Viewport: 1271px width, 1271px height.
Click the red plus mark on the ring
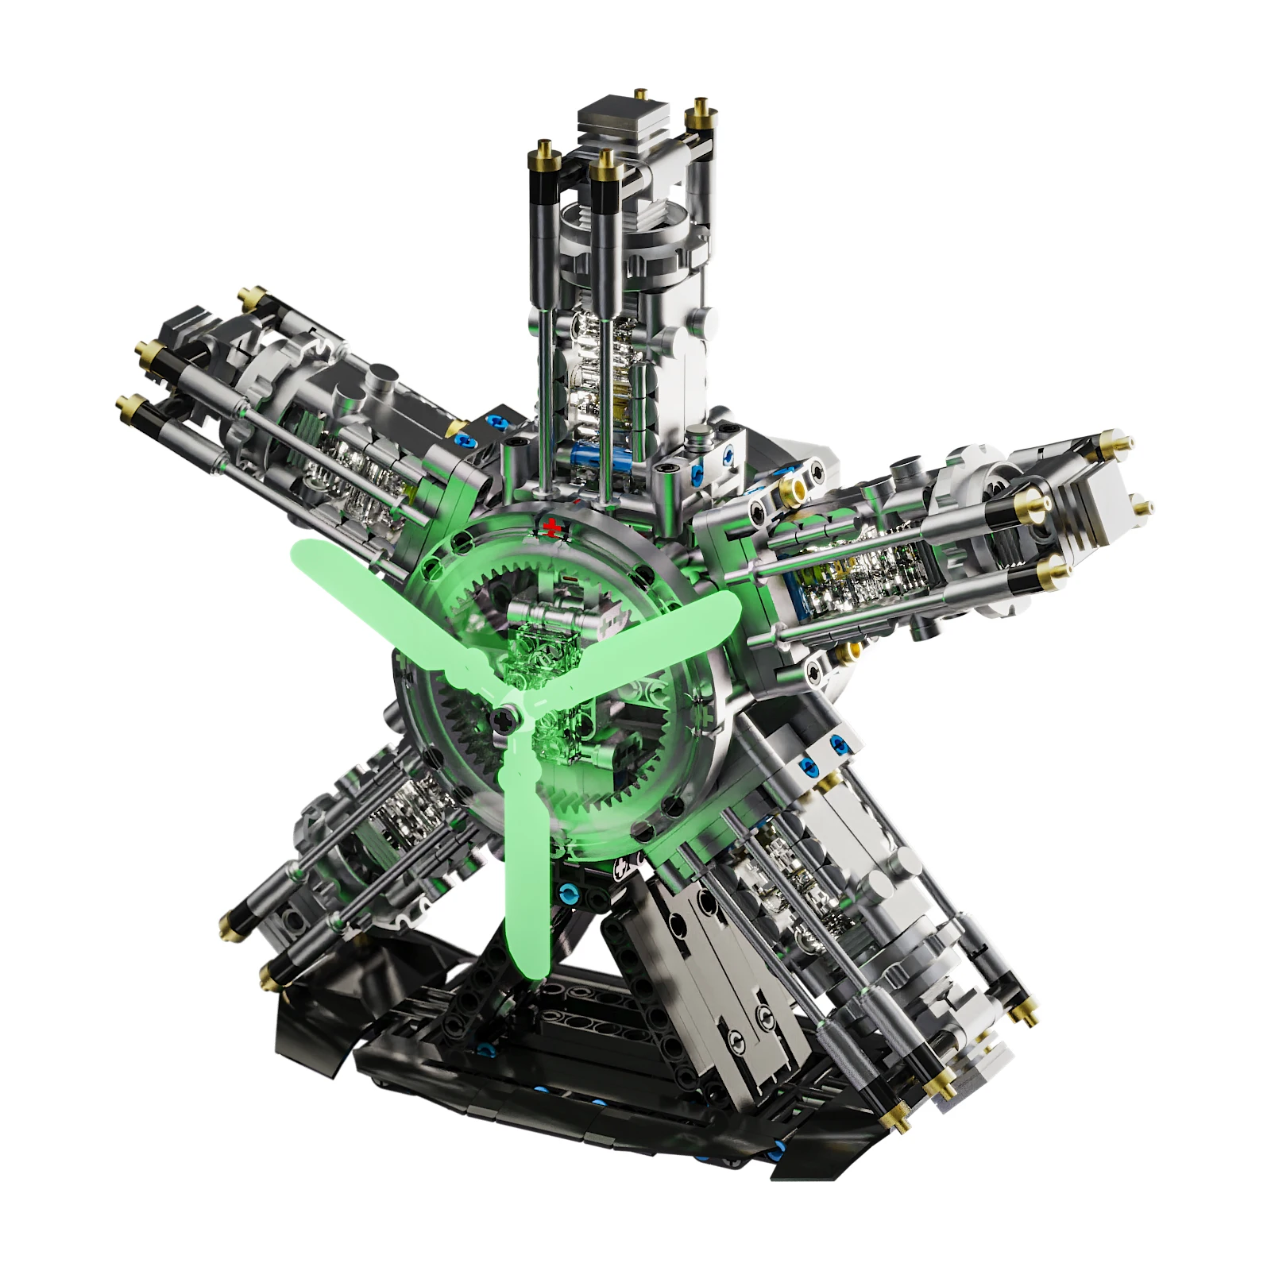point(550,526)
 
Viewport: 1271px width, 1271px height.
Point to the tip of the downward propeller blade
point(527,971)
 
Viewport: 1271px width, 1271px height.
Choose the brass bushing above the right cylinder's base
point(791,486)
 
